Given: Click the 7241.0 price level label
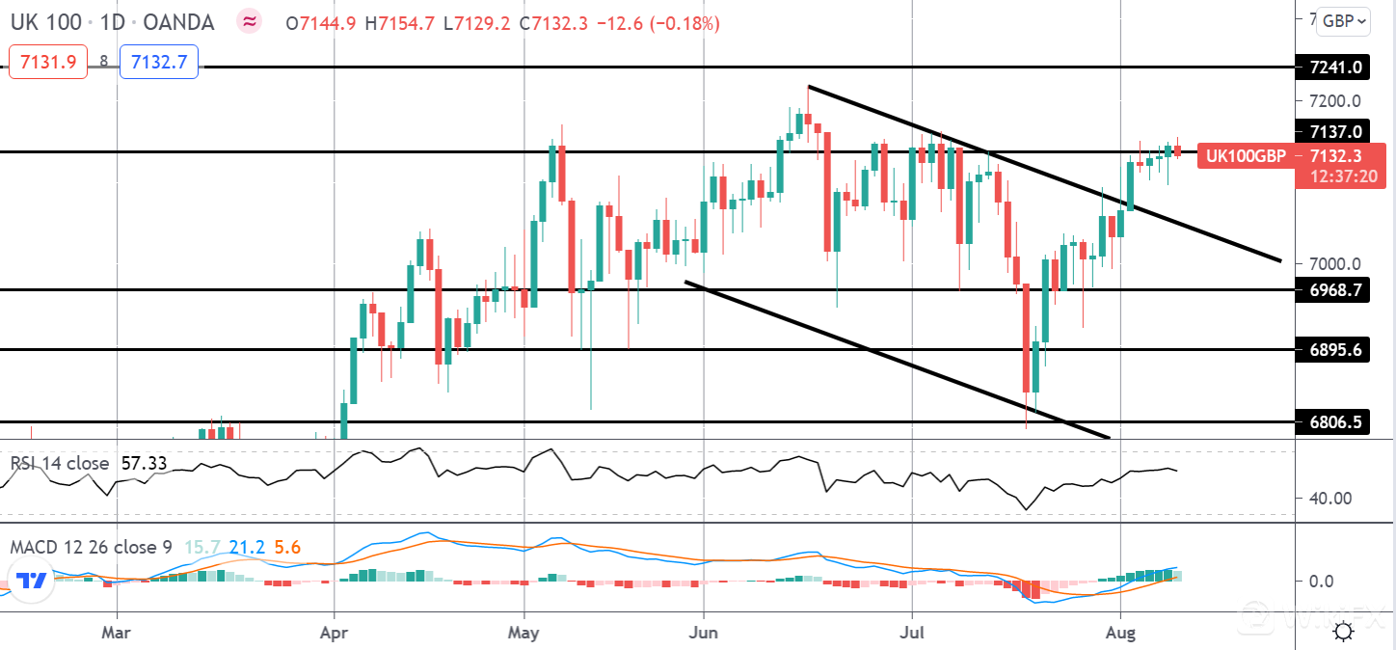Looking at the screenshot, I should [1335, 68].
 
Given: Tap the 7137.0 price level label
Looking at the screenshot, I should [1335, 131].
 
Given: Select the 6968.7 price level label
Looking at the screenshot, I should [1335, 289].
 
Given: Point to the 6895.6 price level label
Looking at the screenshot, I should [1335, 350].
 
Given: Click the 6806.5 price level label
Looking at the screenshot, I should [1335, 422].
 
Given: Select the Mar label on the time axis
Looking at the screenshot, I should [117, 633].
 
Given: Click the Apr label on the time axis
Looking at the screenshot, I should [334, 633].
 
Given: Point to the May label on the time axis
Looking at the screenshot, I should [524, 633].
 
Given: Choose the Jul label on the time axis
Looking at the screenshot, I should [912, 633].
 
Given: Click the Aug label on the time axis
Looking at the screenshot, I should [1120, 633].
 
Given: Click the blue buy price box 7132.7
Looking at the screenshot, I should [159, 63].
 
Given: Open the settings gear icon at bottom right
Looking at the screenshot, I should [1342, 632].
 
